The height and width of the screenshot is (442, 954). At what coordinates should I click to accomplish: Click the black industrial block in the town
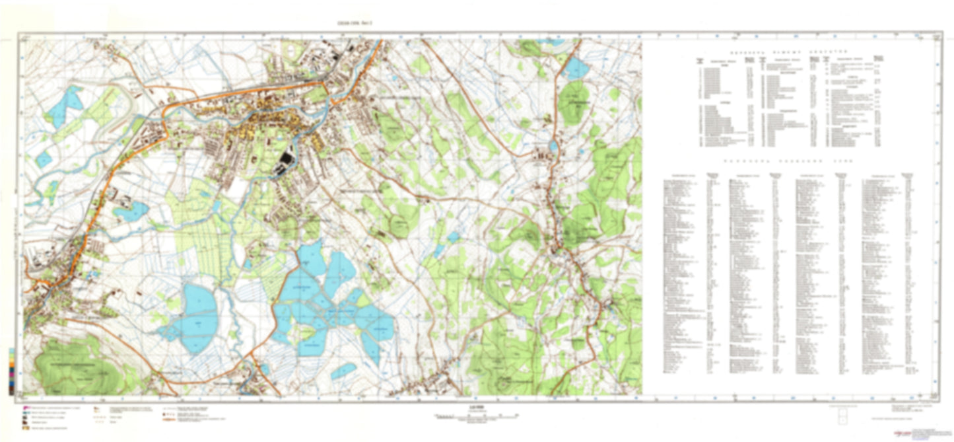[286, 161]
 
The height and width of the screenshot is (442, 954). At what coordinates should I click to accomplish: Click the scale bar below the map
[476, 417]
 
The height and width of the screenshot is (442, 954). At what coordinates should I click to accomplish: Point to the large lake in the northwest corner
[64, 106]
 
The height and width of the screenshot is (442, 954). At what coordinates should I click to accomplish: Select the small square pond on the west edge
[44, 159]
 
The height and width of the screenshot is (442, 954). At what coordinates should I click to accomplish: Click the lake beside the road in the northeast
[576, 68]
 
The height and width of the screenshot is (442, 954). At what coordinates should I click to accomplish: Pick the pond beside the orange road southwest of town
[131, 211]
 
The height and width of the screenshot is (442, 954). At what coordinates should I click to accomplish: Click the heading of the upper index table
[792, 51]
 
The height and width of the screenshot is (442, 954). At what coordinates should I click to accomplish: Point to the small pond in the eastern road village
[553, 146]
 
